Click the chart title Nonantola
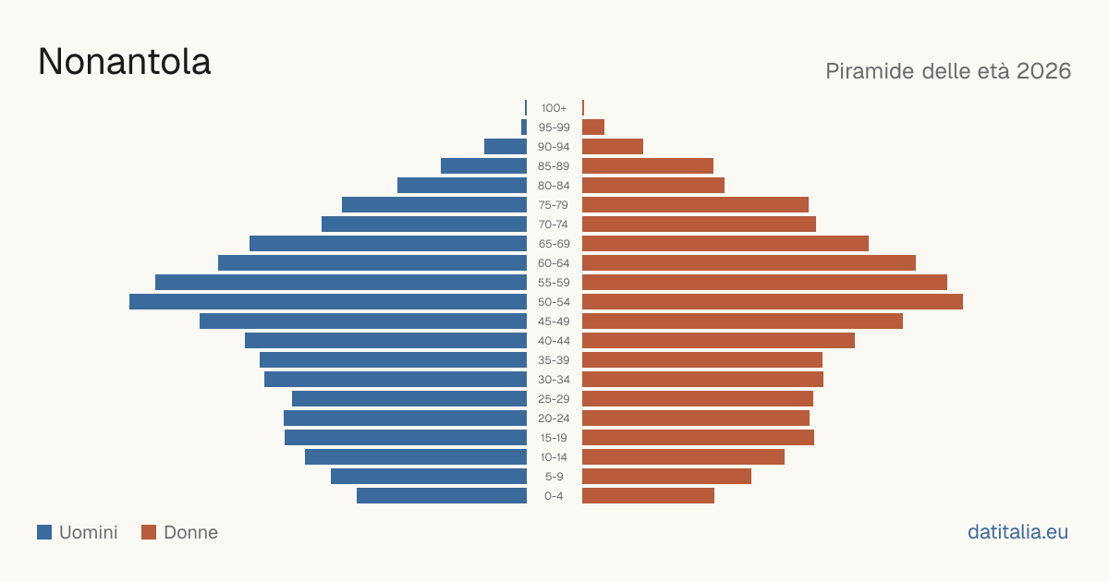point(124,62)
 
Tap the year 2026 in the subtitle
point(1043,71)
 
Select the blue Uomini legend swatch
point(44,532)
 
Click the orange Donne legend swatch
point(149,532)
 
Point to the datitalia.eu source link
point(1018,532)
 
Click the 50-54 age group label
point(554,302)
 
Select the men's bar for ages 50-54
point(328,302)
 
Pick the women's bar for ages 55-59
point(764,283)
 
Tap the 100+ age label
point(554,108)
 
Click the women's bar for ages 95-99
point(593,127)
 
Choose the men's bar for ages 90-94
point(506,147)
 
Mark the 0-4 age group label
point(554,496)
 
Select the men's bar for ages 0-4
point(442,496)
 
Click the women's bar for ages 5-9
point(666,477)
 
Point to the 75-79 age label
point(554,205)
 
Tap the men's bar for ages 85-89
point(483,165)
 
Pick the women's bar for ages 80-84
point(653,186)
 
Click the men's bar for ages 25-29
point(409,399)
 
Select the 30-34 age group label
point(554,380)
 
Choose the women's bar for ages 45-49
point(743,321)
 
